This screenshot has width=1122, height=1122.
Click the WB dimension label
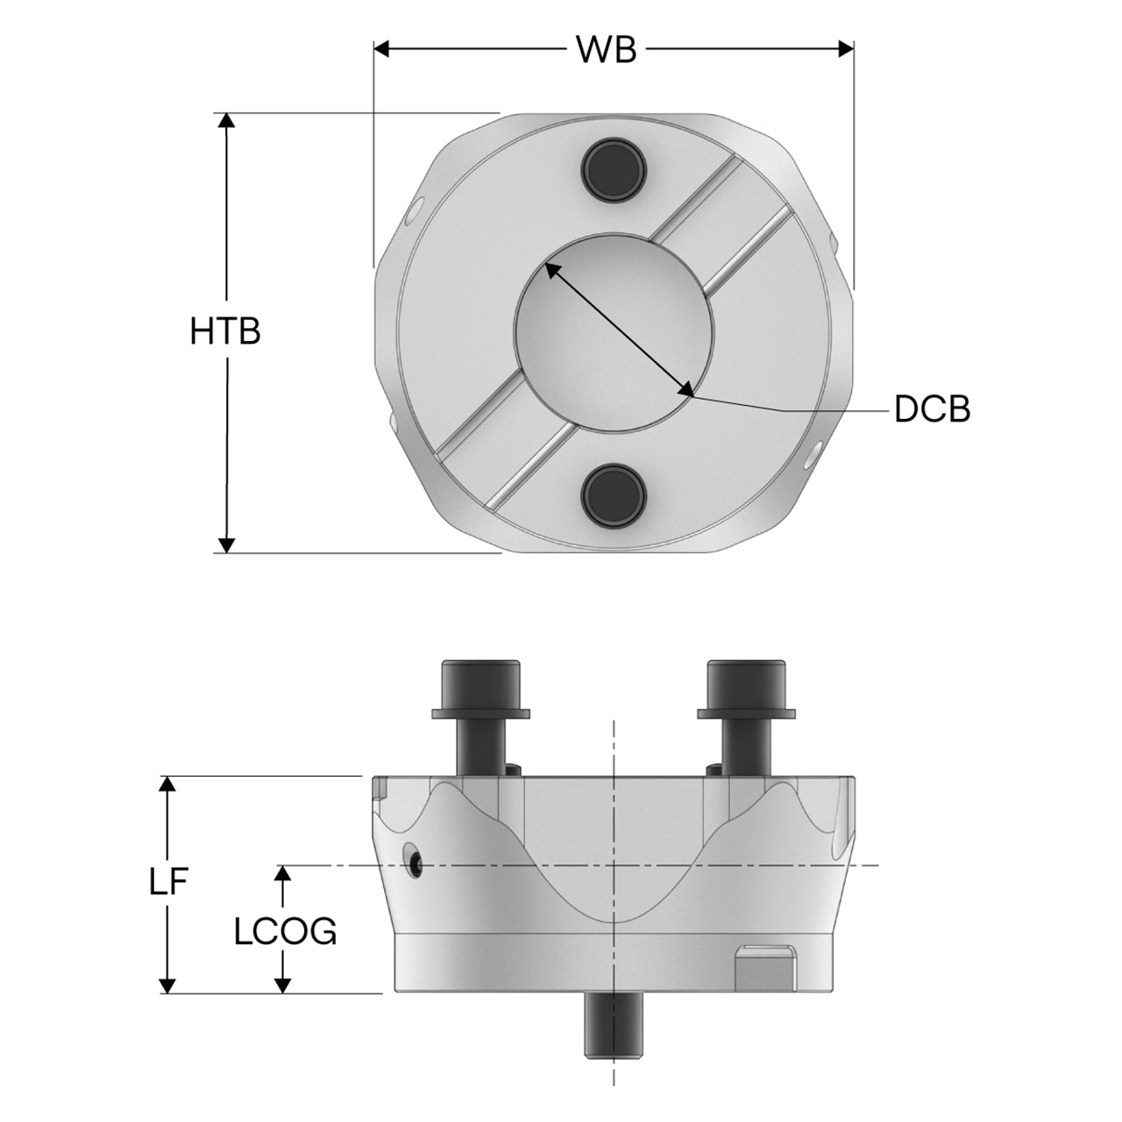[x=606, y=50]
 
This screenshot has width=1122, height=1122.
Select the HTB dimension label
[x=225, y=331]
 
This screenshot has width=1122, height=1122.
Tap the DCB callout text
[x=932, y=408]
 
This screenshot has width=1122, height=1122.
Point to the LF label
[x=168, y=883]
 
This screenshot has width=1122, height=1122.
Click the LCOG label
[x=285, y=932]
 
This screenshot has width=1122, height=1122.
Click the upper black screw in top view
[x=614, y=170]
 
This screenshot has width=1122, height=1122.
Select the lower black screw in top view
[x=614, y=495]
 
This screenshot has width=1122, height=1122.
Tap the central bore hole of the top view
[x=614, y=332]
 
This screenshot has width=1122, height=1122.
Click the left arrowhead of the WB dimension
[x=381, y=49]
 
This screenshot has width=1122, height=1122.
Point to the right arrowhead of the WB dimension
[x=846, y=49]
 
